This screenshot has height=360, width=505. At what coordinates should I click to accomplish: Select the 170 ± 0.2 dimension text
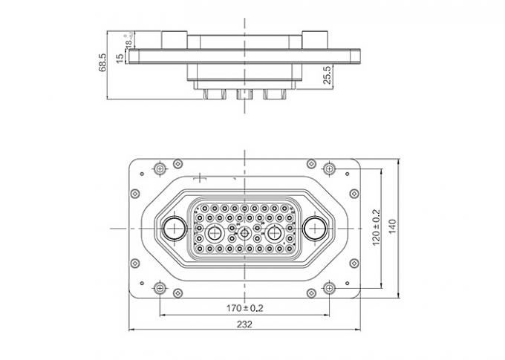click(x=245, y=307)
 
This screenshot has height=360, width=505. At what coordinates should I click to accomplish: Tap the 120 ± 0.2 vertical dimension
click(x=377, y=226)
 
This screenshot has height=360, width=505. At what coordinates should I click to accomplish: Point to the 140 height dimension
click(x=394, y=226)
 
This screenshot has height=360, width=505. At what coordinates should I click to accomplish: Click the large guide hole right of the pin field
click(x=315, y=228)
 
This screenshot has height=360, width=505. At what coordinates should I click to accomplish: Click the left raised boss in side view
click(x=173, y=39)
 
